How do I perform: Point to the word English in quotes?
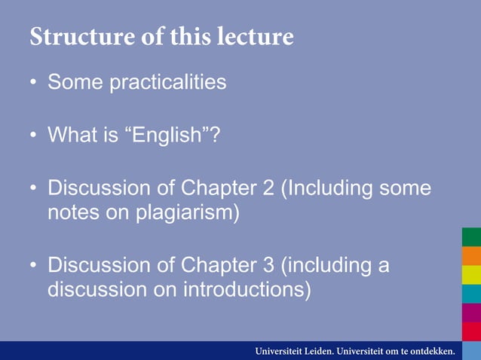[x=168, y=136]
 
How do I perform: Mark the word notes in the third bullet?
[x=74, y=212]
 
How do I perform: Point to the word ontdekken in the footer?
[x=428, y=351]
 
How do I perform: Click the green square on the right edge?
[x=471, y=237]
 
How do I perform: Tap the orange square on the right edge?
[x=471, y=256]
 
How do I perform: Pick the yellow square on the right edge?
[x=471, y=275]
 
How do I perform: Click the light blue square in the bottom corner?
[x=471, y=351]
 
